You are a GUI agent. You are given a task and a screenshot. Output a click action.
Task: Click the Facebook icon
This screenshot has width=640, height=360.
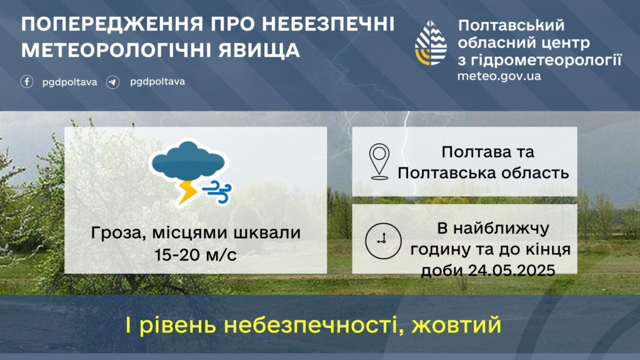[27, 82]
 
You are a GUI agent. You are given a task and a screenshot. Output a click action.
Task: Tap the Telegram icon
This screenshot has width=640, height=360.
[112, 82]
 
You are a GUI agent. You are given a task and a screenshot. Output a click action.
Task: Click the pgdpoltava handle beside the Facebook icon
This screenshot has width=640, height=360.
[70, 82]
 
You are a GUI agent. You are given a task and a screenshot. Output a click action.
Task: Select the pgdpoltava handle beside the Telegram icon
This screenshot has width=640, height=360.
[157, 82]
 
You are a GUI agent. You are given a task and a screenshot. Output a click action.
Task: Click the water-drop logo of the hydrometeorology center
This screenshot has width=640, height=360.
[431, 43]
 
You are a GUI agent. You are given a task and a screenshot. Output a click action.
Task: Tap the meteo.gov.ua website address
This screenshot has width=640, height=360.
[499, 76]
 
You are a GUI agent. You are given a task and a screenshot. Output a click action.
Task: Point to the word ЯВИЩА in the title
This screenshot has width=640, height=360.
[259, 50]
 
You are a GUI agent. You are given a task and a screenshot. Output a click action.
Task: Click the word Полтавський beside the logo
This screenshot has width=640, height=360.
[511, 25]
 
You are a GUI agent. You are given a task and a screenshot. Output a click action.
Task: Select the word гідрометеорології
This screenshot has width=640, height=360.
[546, 61]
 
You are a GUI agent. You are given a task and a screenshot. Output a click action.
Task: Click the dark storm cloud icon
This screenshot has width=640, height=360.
[188, 161]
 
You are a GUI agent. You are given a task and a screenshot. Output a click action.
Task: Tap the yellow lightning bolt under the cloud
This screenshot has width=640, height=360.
[187, 192]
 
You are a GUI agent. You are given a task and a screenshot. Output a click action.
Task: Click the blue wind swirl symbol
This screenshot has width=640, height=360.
[217, 192]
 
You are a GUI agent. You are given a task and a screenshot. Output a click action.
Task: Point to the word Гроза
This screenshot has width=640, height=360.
[119, 233]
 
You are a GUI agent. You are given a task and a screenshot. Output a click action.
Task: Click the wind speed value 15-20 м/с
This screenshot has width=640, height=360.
[196, 255]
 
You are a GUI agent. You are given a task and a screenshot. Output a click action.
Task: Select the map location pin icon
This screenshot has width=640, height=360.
[379, 162]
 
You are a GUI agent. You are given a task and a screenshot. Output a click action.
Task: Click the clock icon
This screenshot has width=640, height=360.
[383, 241]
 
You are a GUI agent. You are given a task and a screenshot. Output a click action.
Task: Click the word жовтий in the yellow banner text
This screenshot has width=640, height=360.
[456, 325]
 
